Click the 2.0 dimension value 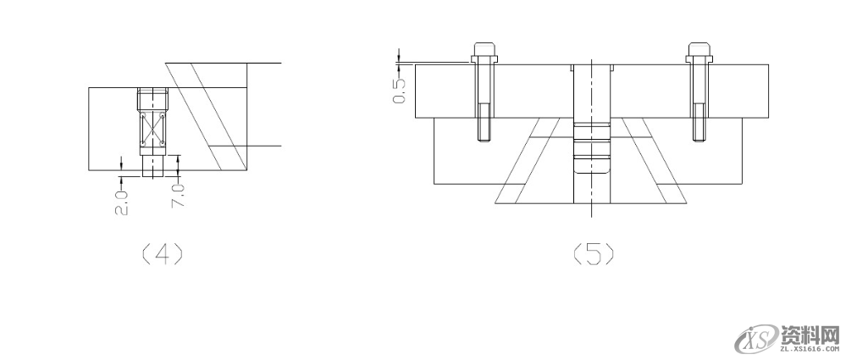point(121,202)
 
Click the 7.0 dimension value point(178,196)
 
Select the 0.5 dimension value point(399,91)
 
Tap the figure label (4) point(162,253)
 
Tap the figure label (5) point(593,253)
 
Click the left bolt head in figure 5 point(484,52)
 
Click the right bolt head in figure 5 point(699,52)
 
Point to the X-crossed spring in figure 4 point(152,129)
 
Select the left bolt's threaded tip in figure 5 point(484,123)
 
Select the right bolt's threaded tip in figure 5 point(699,123)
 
